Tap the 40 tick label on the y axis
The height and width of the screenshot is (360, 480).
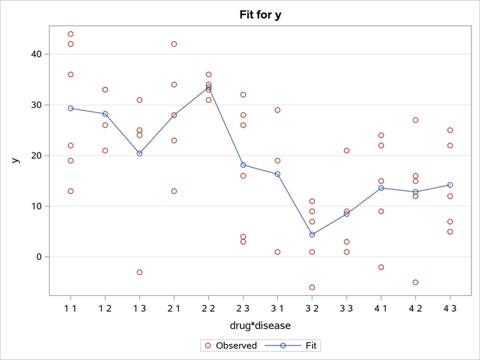[x=36, y=54]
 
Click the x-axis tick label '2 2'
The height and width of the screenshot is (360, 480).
[x=208, y=307]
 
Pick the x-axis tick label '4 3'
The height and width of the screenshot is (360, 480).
[x=450, y=307]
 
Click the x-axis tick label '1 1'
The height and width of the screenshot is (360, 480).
[x=71, y=307]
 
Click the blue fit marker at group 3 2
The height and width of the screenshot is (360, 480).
[x=312, y=235]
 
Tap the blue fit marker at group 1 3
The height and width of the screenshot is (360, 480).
[x=140, y=153]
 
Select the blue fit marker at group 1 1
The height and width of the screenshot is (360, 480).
[x=71, y=108]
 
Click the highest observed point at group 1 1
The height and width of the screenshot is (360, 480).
[x=71, y=34]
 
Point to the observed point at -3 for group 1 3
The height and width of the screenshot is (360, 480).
[x=140, y=272]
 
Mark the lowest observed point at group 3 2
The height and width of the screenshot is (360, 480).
[x=312, y=287]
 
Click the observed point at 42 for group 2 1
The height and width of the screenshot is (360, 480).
[x=174, y=44]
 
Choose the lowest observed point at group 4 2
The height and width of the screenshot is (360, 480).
[x=415, y=282]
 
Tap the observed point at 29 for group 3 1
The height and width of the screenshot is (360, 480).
[x=277, y=110]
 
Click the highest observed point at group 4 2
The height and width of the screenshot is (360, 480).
[x=415, y=120]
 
